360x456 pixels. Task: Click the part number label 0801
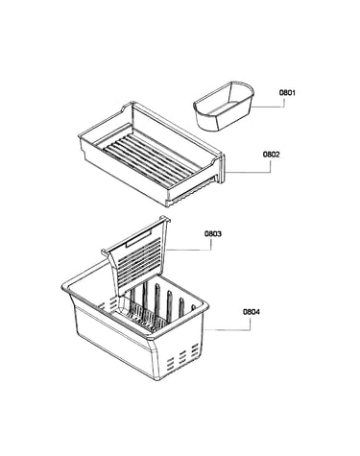pyautogui.click(x=287, y=93)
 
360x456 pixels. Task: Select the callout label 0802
pyautogui.click(x=272, y=155)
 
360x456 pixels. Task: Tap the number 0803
pyautogui.click(x=213, y=234)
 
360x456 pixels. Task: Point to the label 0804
pyautogui.click(x=252, y=312)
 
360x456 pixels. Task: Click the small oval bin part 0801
pyautogui.click(x=224, y=106)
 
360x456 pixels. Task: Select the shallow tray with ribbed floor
pyautogui.click(x=152, y=154)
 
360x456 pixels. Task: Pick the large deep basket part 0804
pyautogui.click(x=135, y=320)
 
